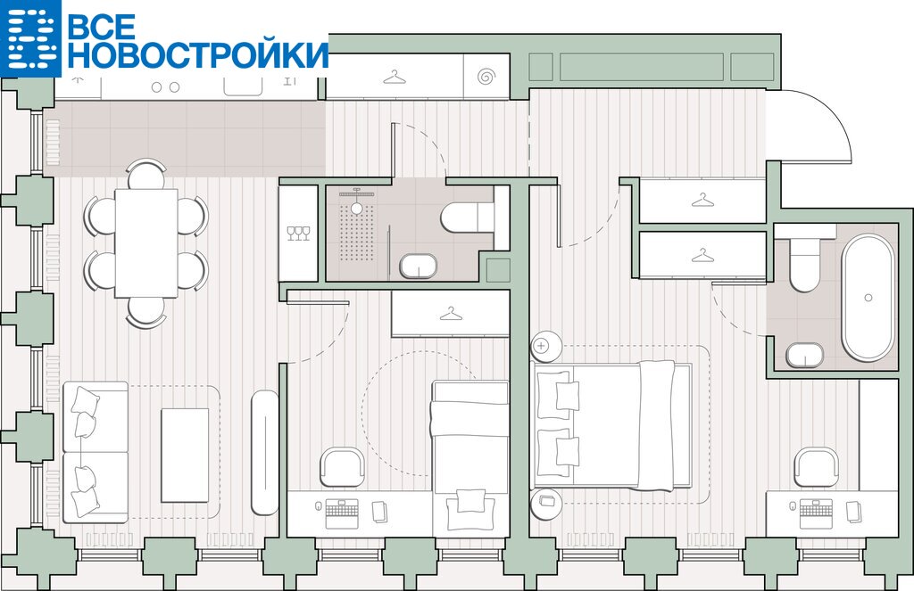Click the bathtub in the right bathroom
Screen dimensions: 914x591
pos(868,297)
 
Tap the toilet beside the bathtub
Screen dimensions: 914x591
pos(804,259)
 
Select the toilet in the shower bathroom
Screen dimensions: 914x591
pos(466,217)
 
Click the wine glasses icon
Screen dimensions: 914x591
pos(298,233)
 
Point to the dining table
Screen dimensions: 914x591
pos(146,242)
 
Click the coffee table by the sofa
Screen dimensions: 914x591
pos(185,455)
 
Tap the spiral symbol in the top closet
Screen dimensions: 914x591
pos(486,77)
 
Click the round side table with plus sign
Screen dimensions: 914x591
pos(545,345)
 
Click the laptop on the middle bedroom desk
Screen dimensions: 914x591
pos(342,513)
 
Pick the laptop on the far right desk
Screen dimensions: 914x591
pos(816,513)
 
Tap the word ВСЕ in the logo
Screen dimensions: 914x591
pos(102,25)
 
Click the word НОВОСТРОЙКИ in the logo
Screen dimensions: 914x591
pos(198,54)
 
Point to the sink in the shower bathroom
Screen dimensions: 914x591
pos(418,266)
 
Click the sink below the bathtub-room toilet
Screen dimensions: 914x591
pos(804,355)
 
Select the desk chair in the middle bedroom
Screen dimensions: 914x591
pos(343,466)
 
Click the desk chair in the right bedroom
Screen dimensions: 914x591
pos(818,466)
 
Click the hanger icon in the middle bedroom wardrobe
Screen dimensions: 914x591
pos(451,315)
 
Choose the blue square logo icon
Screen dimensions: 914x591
pos(30,37)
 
